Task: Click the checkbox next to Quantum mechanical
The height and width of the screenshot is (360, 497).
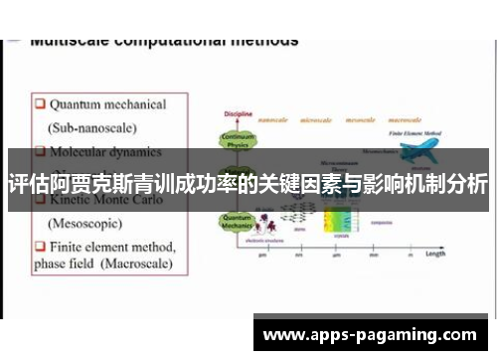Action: pos(39,104)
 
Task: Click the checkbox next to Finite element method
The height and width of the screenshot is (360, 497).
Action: pos(39,246)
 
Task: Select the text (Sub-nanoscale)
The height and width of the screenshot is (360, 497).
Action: pos(93,128)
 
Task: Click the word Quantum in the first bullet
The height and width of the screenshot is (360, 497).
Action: pos(78,104)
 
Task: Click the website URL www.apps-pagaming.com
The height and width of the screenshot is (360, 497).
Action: pos(370,335)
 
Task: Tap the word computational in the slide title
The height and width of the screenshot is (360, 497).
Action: pos(164,42)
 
